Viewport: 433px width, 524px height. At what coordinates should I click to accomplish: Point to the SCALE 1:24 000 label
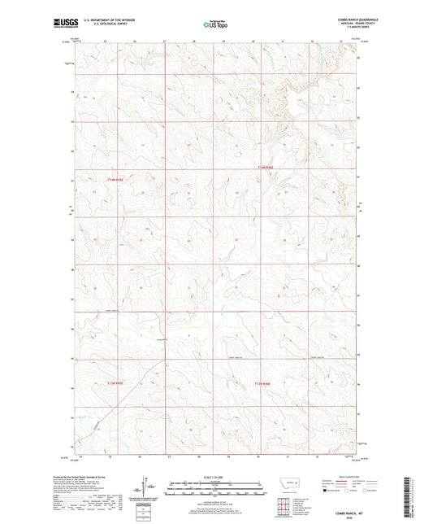pyautogui.click(x=216, y=477)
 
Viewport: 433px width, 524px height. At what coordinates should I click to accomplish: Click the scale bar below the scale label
pyautogui.click(x=216, y=491)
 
